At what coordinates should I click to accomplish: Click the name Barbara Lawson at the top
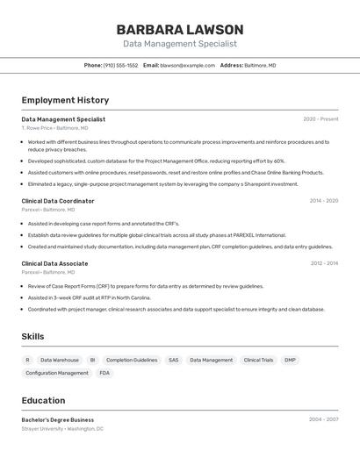[x=179, y=29]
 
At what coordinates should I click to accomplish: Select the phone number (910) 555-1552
[x=120, y=65]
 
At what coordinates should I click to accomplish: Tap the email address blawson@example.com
[x=187, y=65]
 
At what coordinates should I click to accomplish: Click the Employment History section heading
[x=65, y=100]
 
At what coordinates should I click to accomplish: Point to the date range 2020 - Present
[x=320, y=119]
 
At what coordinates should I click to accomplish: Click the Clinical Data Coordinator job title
[x=58, y=201]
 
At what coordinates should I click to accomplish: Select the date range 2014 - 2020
[x=323, y=201]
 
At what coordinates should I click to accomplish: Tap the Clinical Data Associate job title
[x=54, y=263]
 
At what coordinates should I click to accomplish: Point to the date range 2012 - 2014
[x=323, y=263]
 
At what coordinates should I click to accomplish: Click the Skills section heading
[x=32, y=336]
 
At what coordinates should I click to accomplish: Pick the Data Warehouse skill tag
[x=60, y=360]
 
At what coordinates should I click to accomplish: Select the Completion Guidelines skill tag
[x=132, y=360]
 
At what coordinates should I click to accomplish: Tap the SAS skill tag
[x=173, y=360]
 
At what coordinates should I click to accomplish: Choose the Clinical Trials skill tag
[x=258, y=360]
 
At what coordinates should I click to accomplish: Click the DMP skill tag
[x=290, y=360]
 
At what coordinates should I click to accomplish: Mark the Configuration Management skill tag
[x=57, y=373]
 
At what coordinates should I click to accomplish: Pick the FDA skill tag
[x=104, y=373]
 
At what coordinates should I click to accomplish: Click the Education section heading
[x=43, y=400]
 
